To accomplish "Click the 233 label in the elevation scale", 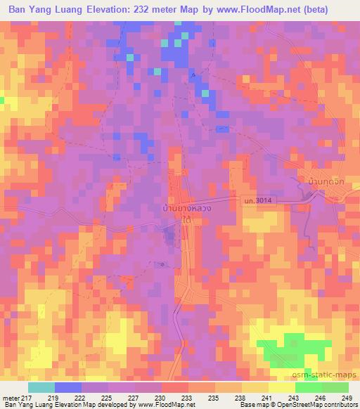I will pos(188,397).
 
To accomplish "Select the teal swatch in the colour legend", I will pos(41,387).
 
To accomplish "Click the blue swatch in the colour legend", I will pos(67,387).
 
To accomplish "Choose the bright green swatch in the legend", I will pos(308,387).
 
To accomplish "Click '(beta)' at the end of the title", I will pos(335,11).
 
